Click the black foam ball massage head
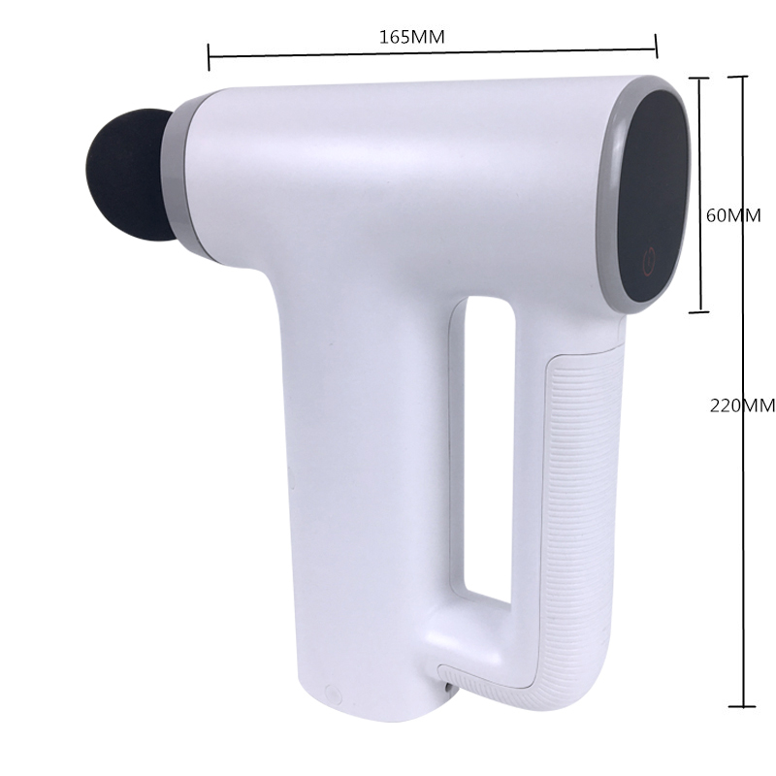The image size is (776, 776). coord(131,177)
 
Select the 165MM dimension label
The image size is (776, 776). coord(411,37)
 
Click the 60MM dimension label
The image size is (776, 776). coord(733,215)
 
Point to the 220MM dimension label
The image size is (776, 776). coord(742,405)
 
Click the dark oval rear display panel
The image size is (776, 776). coord(654,197)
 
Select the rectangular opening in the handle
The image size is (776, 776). coord(488,447)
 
